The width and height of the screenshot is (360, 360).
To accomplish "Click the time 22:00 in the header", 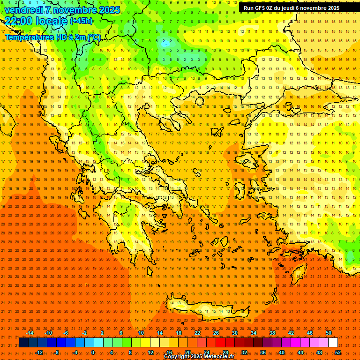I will [19, 21].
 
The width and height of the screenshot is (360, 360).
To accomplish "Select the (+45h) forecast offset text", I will [81, 21].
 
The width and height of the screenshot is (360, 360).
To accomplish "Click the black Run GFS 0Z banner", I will [292, 8].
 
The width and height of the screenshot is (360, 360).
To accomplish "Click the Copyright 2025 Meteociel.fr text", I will [199, 357].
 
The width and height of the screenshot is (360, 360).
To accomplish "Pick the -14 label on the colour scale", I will [29, 333].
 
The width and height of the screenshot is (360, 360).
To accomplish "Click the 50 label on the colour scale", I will [329, 333].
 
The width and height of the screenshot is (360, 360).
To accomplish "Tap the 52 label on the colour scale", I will [338, 352].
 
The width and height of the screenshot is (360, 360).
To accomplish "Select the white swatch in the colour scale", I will [333, 343].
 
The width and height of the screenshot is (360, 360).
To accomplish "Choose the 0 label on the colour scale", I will [93, 352].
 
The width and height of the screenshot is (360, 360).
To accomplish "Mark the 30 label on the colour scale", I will [235, 333].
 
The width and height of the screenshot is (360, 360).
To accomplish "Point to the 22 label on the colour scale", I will [197, 333].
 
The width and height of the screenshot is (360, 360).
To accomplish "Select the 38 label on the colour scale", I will [272, 333].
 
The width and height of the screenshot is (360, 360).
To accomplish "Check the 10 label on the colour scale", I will [141, 333].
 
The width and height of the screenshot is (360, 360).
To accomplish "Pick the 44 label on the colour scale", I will [300, 352].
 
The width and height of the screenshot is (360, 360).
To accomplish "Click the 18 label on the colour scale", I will [179, 333].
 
